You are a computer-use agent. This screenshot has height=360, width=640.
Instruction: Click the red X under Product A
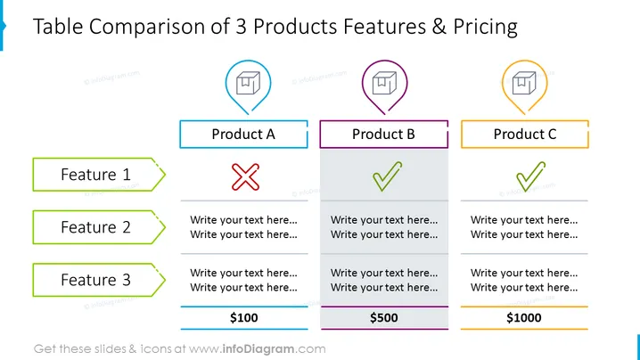click(x=245, y=177)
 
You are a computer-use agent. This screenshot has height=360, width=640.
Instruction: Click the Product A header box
click(x=243, y=134)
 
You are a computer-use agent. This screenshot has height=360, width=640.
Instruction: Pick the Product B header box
click(x=383, y=134)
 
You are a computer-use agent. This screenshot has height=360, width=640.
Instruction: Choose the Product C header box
click(x=525, y=134)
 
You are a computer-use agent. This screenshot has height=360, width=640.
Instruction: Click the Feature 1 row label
click(x=99, y=175)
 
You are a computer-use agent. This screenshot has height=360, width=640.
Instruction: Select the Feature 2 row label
click(x=99, y=227)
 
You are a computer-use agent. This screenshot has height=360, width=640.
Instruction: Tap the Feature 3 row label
click(x=99, y=280)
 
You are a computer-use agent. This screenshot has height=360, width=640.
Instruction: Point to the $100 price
click(x=243, y=317)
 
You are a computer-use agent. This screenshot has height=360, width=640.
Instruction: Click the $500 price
click(x=383, y=317)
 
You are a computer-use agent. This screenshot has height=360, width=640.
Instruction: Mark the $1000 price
click(x=524, y=317)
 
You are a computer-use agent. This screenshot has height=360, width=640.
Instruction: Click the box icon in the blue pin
click(x=248, y=83)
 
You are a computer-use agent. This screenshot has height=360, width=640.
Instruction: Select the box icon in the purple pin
click(x=384, y=83)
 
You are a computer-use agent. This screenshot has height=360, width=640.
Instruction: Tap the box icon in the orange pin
click(x=524, y=83)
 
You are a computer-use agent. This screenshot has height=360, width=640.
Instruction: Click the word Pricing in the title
click(x=485, y=27)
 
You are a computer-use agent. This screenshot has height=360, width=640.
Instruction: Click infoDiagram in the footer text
click(x=258, y=349)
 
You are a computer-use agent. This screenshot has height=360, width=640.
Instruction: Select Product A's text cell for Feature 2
click(x=243, y=227)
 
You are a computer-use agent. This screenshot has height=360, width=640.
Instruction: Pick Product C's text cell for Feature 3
click(x=524, y=280)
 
